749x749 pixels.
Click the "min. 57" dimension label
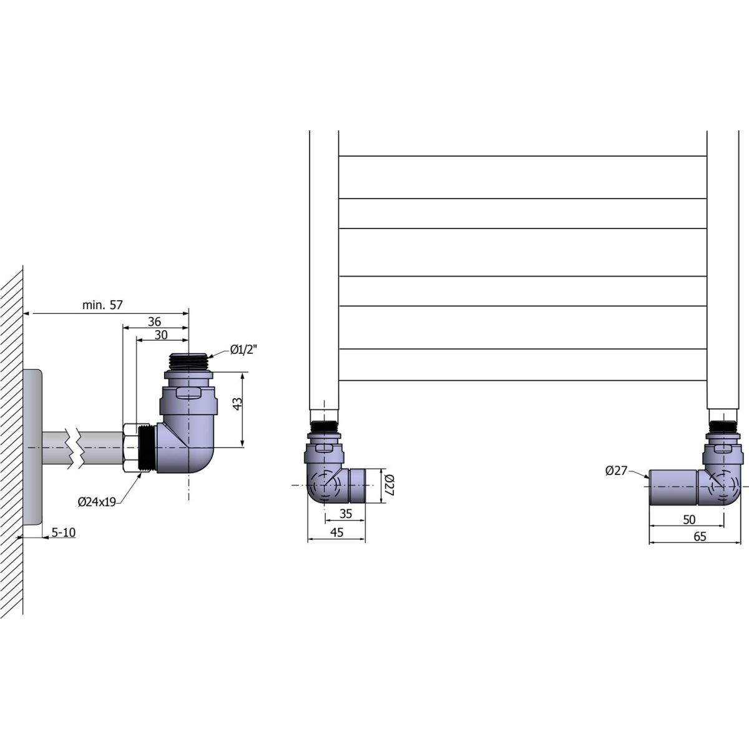102,305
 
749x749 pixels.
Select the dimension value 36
154,321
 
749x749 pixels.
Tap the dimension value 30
161,335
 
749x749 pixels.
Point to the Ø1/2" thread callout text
243,350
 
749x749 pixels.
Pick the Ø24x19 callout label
97,502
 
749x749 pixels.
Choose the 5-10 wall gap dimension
64,532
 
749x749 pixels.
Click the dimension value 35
346,514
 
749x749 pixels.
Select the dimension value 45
336,532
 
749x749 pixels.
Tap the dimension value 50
688,519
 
